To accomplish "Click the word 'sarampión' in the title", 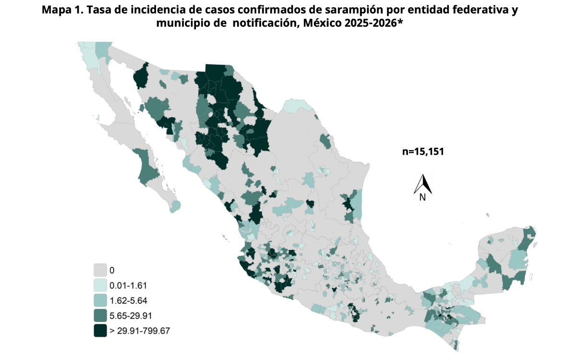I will click(x=350, y=10).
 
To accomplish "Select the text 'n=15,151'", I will click(x=422, y=152).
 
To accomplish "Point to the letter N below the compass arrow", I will click(x=422, y=197).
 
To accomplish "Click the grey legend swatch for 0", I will click(x=100, y=270).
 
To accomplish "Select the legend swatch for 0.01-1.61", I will click(x=100, y=285).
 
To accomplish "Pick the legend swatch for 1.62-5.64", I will click(x=100, y=300).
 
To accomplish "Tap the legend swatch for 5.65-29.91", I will click(x=100, y=315).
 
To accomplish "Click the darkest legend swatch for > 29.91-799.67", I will click(x=100, y=330).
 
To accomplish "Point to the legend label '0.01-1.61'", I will click(x=128, y=285).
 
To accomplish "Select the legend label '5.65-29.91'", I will click(x=130, y=315).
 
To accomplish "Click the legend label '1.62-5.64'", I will click(x=128, y=300).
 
